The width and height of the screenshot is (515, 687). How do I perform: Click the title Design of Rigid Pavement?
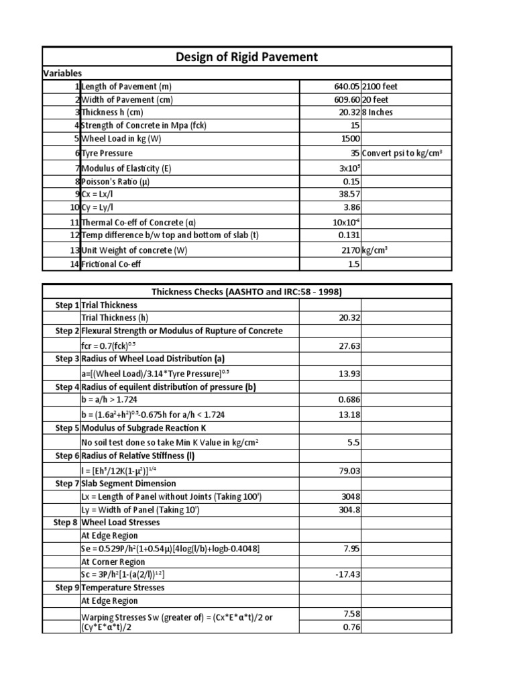coord(247,57)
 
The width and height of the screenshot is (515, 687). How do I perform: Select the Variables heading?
coord(62,73)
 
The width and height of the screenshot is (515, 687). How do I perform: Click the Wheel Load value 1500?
coord(349,139)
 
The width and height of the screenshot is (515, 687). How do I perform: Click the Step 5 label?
coord(66,427)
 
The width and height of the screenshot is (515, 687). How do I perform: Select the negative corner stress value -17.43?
coord(347,575)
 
